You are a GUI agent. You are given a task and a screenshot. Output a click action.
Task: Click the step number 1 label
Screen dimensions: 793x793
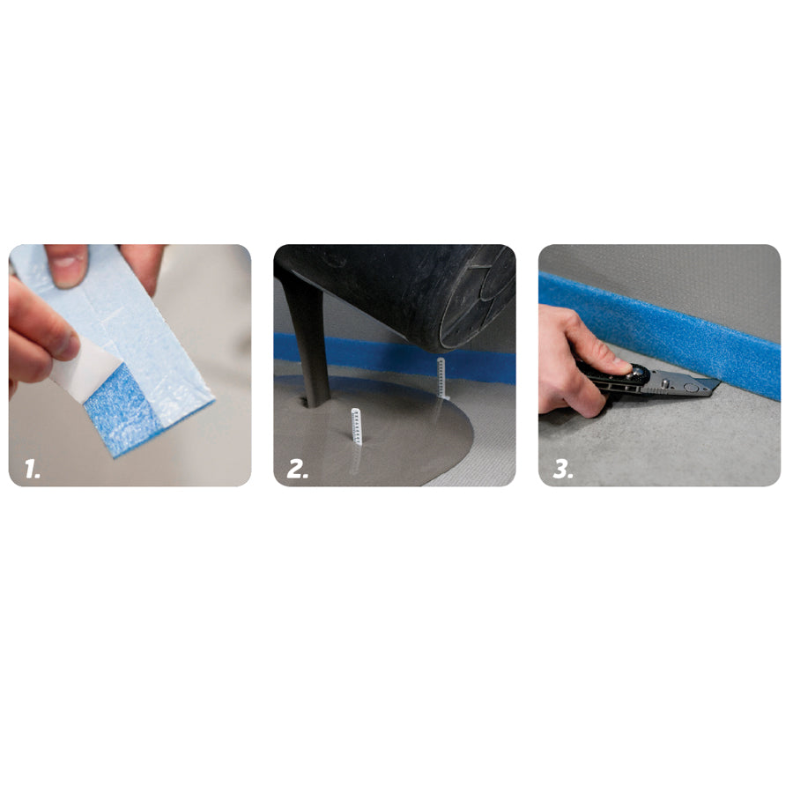33,470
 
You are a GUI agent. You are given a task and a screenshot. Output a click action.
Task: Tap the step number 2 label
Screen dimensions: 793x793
298,470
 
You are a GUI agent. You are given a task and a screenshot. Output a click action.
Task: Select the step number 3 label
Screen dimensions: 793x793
562,470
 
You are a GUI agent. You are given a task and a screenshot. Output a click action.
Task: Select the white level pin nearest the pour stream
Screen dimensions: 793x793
356,426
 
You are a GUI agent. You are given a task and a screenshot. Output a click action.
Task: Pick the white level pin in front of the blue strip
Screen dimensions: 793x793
441,378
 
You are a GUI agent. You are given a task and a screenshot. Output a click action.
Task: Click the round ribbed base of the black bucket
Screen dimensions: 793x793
476,303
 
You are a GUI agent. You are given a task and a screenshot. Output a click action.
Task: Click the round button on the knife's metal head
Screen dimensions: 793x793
690,388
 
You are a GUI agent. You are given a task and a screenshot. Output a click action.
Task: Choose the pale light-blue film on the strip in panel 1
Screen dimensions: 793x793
131,314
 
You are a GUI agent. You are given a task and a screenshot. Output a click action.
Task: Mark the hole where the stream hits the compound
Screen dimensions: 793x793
306,403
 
